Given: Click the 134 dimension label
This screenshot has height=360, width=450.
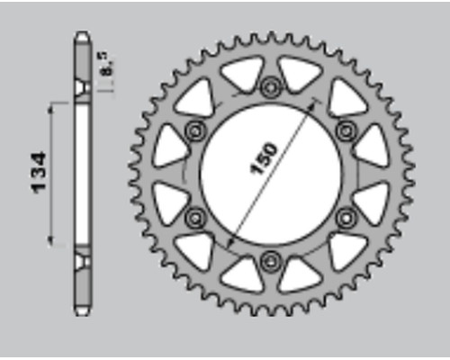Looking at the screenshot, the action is click(x=39, y=173).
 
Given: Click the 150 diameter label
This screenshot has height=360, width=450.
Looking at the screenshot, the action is click(x=264, y=158).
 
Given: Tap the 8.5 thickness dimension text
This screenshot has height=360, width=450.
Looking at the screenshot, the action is click(x=106, y=64).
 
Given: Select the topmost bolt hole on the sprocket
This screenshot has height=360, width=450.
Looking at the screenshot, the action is click(x=271, y=87).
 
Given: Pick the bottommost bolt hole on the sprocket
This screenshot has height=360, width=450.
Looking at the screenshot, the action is click(x=271, y=262).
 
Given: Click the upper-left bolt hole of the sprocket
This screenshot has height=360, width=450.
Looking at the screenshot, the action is click(x=195, y=130).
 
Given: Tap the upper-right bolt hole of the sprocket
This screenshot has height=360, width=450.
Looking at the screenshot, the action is click(x=346, y=130).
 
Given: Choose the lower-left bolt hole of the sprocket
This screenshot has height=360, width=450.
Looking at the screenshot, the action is click(x=195, y=218).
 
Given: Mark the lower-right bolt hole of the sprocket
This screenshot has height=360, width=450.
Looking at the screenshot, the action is click(x=346, y=218).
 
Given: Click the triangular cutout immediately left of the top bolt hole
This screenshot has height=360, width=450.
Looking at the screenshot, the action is click(x=244, y=73).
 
